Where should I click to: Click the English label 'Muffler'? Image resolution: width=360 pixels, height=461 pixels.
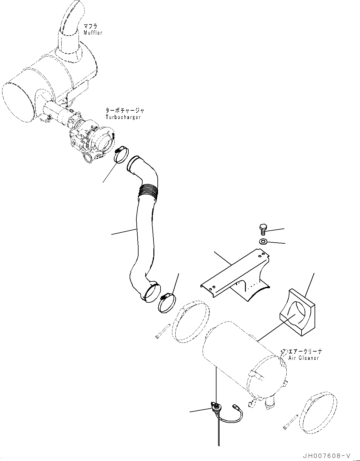point(93,33)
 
